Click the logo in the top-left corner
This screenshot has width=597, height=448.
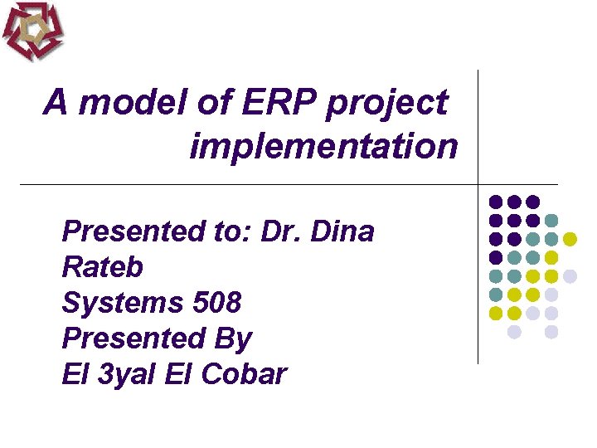33,31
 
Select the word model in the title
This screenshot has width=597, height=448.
133,104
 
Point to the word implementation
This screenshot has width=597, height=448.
323,148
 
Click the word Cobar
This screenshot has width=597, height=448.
242,374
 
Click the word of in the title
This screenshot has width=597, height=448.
214,104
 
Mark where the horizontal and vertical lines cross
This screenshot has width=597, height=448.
478,183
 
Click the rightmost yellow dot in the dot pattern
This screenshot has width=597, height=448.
570,239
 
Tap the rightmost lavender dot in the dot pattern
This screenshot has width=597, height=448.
570,276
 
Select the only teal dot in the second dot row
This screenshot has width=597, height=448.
551,221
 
